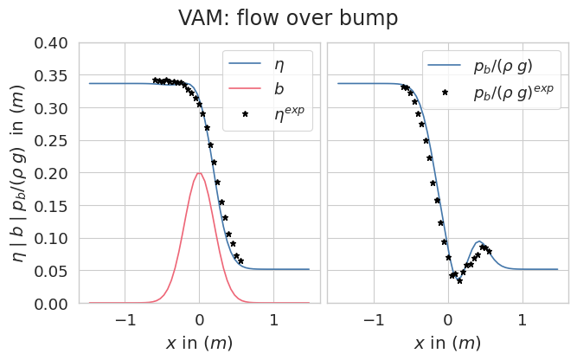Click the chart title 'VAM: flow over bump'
(288, 17)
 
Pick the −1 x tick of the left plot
(125, 320)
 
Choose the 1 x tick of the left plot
(274, 320)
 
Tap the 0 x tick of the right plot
(448, 320)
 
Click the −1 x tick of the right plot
(374, 320)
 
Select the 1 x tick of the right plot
(523, 320)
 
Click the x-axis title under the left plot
(200, 343)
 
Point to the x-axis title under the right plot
(448, 343)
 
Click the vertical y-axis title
(19, 173)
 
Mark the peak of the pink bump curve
(200, 173)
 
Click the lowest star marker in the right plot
(460, 280)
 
